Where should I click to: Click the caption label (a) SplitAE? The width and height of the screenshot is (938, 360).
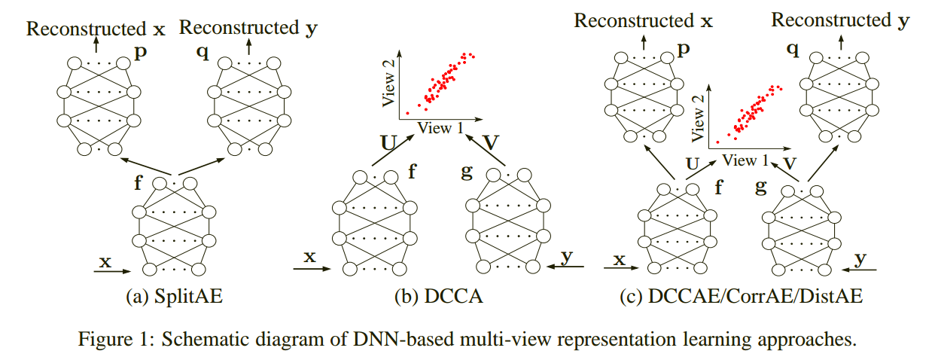[x=175, y=297]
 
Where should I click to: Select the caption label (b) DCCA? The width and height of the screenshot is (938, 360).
[x=438, y=297]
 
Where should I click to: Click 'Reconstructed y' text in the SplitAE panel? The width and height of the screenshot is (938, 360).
[x=239, y=29]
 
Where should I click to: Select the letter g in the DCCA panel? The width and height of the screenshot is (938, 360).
[x=466, y=171]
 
